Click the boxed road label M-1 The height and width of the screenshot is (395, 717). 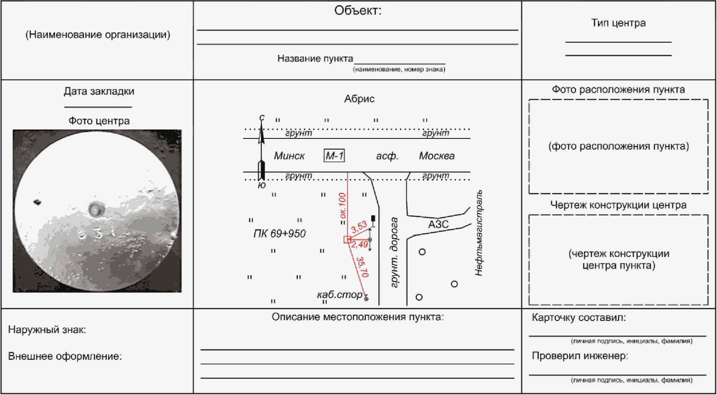tap(334, 155)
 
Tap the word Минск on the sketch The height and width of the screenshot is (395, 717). tap(289, 156)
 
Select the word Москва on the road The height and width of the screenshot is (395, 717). tap(437, 156)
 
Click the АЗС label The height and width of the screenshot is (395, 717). tap(438, 224)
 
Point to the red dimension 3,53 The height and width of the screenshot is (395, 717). tap(359, 227)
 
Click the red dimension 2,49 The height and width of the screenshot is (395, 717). tap(360, 245)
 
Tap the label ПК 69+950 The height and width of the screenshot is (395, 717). tap(280, 233)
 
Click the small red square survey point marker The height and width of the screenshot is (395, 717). tap(347, 240)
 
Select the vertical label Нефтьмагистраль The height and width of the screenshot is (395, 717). tap(479, 233)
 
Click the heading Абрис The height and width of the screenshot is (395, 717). tap(359, 99)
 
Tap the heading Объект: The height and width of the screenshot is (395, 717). tap(358, 10)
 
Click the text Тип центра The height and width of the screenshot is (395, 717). tap(618, 23)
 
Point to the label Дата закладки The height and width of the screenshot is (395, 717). tap(99, 91)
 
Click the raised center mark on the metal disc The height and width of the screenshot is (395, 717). tap(96, 209)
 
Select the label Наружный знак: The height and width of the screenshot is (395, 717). tap(47, 329)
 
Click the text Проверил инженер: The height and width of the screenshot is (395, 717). tap(580, 356)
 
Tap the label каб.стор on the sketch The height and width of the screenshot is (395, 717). tap(340, 295)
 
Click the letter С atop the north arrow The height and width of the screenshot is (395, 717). tap(262, 118)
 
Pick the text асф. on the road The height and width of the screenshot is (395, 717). tap(387, 156)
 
